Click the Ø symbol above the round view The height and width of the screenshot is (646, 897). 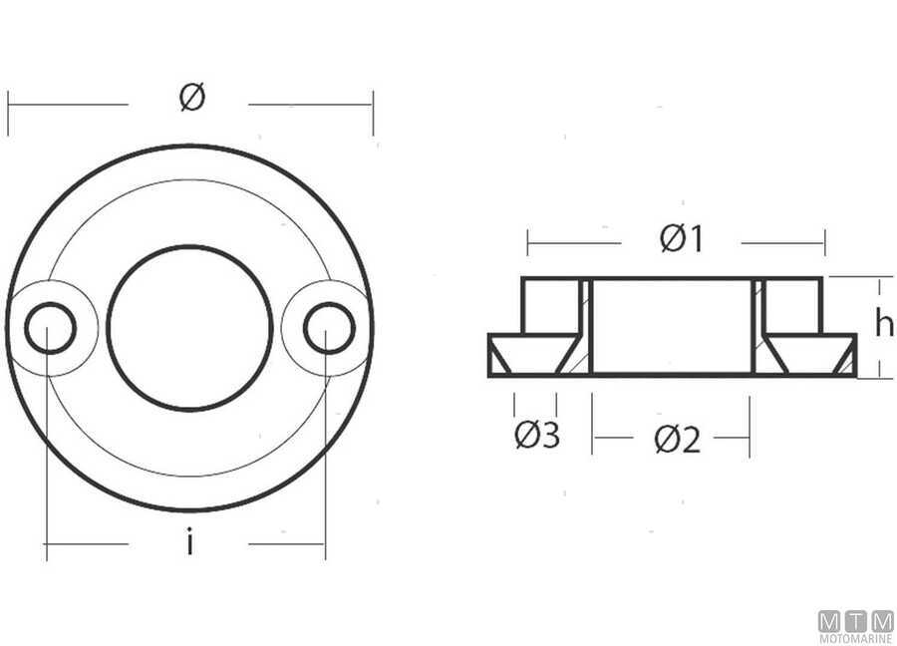(x=192, y=98)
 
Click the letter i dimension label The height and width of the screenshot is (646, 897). (x=188, y=543)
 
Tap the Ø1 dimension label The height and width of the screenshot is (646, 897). (x=682, y=239)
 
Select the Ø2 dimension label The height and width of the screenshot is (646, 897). (x=678, y=439)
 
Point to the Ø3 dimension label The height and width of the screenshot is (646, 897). (x=537, y=436)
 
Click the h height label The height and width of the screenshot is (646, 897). (x=883, y=324)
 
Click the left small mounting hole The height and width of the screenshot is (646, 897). (x=50, y=328)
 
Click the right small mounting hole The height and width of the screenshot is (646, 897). (x=329, y=328)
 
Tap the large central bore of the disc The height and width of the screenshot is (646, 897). (x=189, y=328)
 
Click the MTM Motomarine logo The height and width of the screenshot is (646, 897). (x=855, y=626)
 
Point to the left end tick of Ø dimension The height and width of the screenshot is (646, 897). (x=8, y=112)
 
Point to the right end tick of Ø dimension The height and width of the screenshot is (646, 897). (x=373, y=112)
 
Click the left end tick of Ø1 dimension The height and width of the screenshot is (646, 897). (x=528, y=242)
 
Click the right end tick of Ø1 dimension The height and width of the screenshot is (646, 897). (x=824, y=242)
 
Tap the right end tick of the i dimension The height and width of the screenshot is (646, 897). (x=325, y=544)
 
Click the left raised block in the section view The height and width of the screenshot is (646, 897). (x=550, y=304)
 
